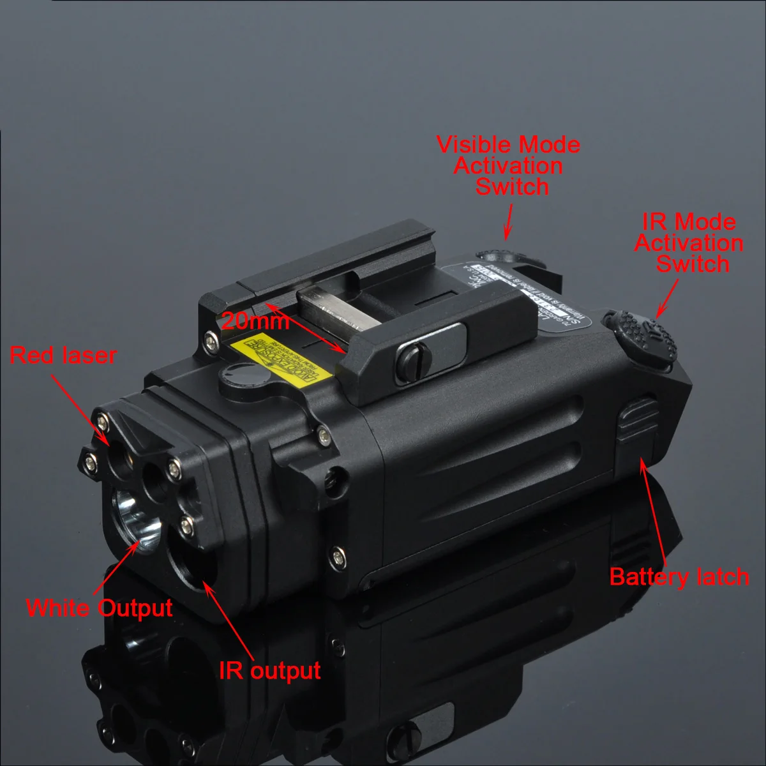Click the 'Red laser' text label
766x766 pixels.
(x=63, y=356)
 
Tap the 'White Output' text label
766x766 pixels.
(x=99, y=607)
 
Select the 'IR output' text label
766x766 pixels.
(x=269, y=670)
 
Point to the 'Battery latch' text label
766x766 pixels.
(x=679, y=576)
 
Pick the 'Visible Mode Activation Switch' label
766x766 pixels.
(x=509, y=165)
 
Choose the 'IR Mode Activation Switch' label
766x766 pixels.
(x=689, y=243)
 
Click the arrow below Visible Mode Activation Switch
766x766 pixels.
(x=509, y=220)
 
